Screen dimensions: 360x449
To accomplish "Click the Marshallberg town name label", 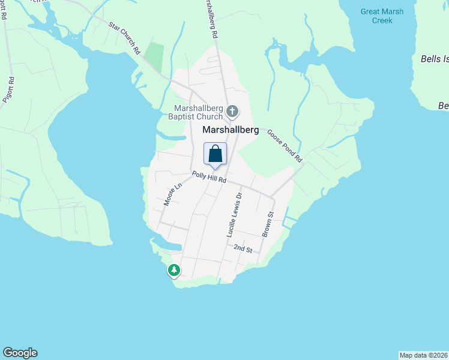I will point(231,130).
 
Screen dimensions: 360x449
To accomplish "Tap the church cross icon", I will point(232,111).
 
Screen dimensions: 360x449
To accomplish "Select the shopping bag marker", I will point(215,154).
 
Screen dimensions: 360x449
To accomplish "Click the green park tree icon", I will point(174,271).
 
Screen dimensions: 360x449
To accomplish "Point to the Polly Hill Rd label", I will point(209,178).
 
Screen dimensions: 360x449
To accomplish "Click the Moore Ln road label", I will point(173,195).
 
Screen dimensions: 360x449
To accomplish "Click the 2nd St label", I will point(243,248).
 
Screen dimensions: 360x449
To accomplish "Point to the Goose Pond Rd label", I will point(284,146).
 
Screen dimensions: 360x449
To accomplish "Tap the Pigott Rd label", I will point(8,90).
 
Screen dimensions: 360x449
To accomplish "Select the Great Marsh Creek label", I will point(382,16).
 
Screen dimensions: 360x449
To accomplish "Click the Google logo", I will point(20,353).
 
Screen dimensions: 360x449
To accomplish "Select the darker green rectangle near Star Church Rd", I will point(154,56).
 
